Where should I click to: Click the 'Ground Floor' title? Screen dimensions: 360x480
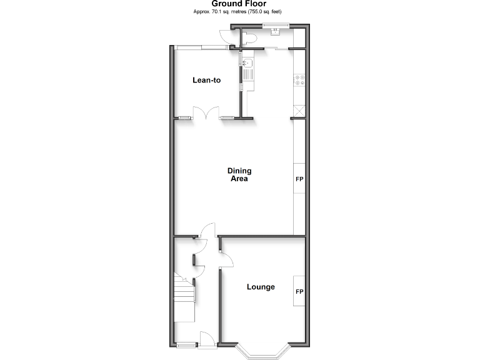point(239,4)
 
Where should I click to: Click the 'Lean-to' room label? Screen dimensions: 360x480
point(206,80)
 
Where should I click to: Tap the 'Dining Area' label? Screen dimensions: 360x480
point(238,174)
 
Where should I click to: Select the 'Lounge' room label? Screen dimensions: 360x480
point(261,287)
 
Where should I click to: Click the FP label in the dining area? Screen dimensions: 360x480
point(299,179)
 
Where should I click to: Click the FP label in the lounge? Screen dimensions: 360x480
point(299,292)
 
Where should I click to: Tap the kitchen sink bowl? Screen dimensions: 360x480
point(247,63)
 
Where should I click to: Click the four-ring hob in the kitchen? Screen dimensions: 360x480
point(299,79)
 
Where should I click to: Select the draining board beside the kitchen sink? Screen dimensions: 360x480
point(247,76)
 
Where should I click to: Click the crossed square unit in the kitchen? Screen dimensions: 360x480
point(299,110)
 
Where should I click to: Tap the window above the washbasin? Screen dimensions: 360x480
point(275,25)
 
